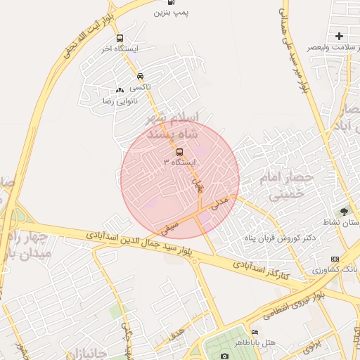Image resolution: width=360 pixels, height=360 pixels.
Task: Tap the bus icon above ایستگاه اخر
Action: click(120, 39)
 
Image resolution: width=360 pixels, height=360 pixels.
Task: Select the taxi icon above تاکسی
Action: click(141, 76)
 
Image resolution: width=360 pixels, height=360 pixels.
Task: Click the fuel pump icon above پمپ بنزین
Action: click(173, 2)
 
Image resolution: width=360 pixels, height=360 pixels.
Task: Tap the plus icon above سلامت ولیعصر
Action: click(339, 36)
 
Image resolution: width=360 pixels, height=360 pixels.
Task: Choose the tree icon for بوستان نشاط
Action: click(344, 212)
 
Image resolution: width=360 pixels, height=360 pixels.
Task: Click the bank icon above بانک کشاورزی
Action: click(335, 259)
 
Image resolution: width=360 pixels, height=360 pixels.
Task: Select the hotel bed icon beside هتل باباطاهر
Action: click(255, 332)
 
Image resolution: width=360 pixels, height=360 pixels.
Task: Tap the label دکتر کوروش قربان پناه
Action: click(277, 238)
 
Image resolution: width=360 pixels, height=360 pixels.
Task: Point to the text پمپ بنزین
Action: click(172, 13)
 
